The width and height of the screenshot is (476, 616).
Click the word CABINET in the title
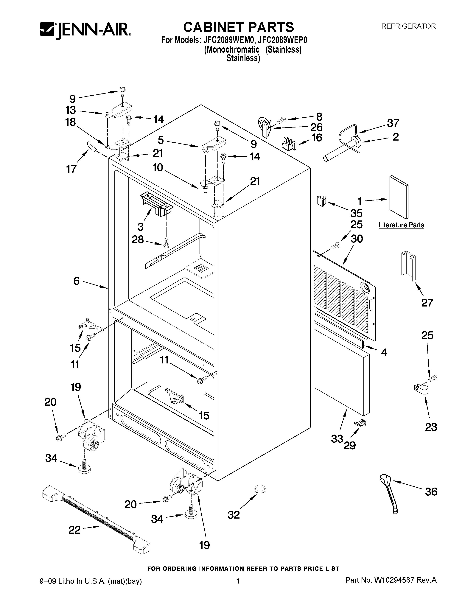pos(213,27)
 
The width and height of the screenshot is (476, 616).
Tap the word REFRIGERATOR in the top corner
pos(408,26)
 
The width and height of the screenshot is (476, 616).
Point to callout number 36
pos(431,492)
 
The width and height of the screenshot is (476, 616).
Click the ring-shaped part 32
pos(260,489)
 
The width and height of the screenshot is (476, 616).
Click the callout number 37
pos(393,123)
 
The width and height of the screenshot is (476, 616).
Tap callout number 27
pos(427,303)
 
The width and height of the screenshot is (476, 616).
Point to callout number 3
pos(140,226)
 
